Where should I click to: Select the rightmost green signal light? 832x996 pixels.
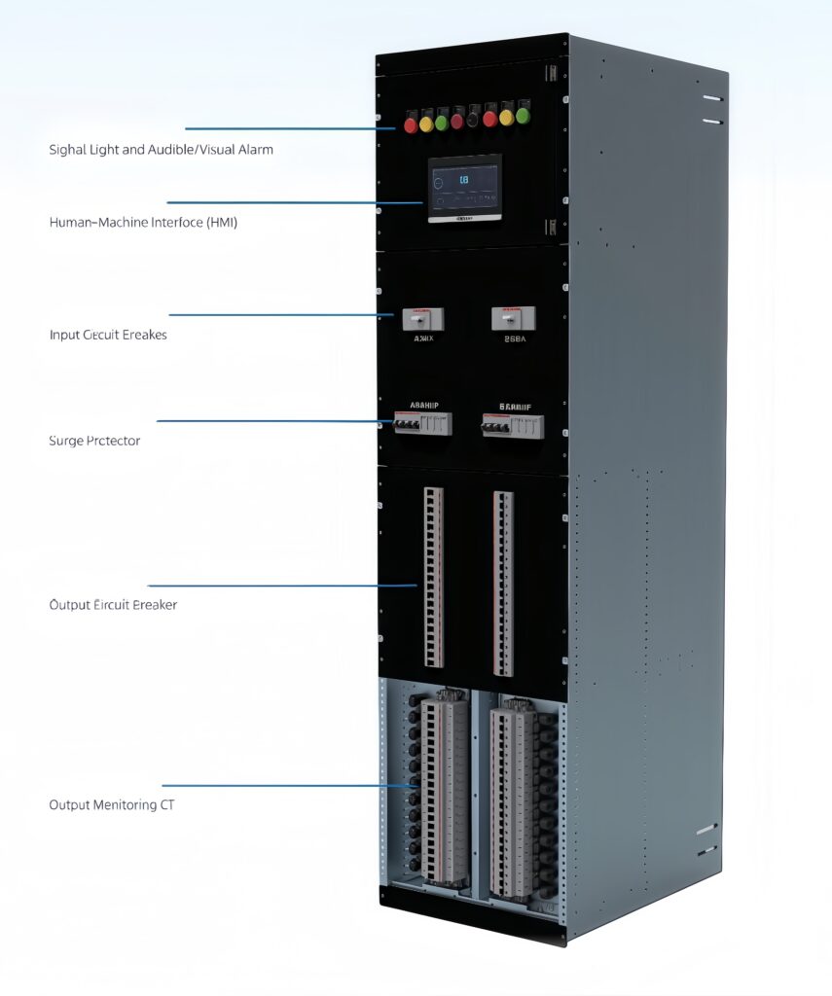pos(523,116)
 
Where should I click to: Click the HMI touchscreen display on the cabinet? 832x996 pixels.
pos(465,188)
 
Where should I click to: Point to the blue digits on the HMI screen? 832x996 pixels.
pos(463,180)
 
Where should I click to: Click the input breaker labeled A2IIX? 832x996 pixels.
pos(423,318)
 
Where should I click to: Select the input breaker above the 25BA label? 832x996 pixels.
pos(513,318)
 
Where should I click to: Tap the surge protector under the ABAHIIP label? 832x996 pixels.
pos(423,423)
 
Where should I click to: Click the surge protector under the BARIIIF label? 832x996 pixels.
pos(513,425)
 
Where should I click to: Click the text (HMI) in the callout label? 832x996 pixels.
pos(222,223)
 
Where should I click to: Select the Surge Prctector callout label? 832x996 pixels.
pos(94,441)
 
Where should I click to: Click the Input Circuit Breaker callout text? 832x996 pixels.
pos(108,335)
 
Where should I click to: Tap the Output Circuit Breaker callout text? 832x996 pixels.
pos(113,605)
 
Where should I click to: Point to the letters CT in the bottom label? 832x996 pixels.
pos(167,805)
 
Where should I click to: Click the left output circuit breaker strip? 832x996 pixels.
pos(434,577)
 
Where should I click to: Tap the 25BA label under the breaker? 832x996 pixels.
pos(515,340)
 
